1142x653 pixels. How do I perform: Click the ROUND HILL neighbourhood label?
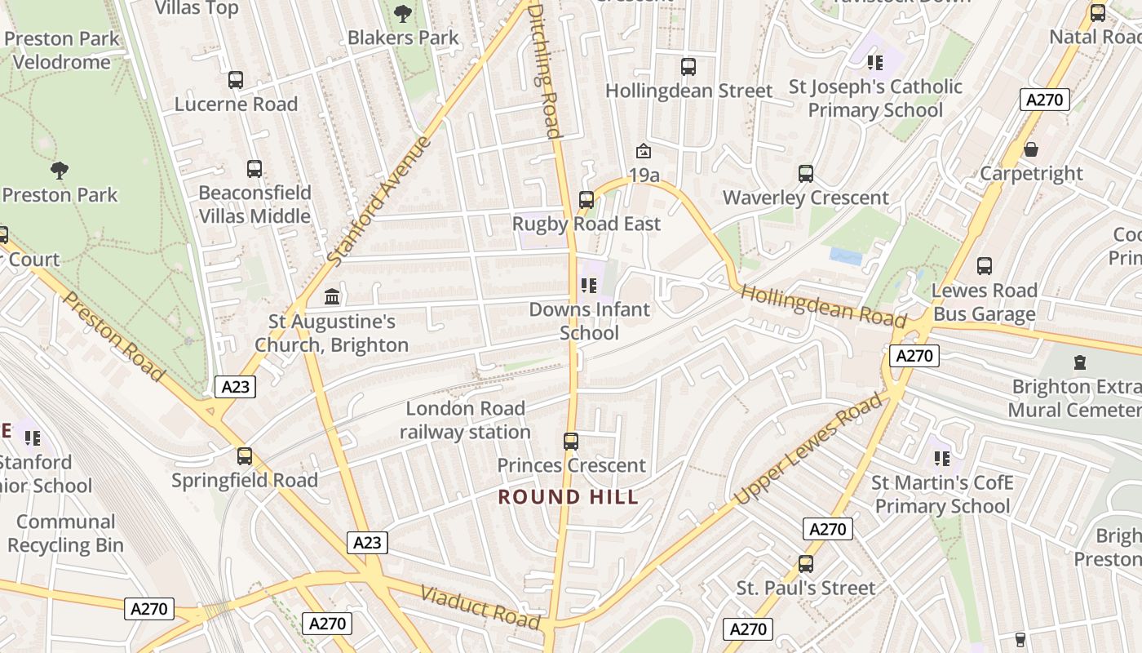click(x=569, y=497)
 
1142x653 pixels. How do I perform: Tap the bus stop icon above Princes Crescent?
click(x=571, y=442)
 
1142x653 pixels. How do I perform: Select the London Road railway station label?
click(x=465, y=420)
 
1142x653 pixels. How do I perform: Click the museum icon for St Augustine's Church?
click(x=332, y=296)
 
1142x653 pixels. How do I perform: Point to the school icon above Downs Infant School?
click(x=589, y=286)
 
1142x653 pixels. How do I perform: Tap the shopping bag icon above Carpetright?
click(x=1031, y=149)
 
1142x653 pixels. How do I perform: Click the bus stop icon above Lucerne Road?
click(x=236, y=80)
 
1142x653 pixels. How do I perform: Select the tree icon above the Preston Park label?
click(x=60, y=171)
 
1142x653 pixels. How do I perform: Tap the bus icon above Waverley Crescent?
click(x=806, y=173)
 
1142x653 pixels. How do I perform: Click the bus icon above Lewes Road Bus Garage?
click(x=985, y=266)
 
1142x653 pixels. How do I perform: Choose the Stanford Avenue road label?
click(x=379, y=201)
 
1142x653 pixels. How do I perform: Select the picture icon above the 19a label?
click(x=644, y=151)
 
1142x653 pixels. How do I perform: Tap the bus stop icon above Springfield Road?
click(x=245, y=456)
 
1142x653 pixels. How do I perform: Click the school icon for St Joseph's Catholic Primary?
click(x=875, y=63)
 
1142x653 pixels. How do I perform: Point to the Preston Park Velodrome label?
click(x=61, y=51)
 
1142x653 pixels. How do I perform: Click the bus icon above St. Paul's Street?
click(x=806, y=564)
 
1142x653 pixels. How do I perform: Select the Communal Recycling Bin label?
click(x=65, y=534)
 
